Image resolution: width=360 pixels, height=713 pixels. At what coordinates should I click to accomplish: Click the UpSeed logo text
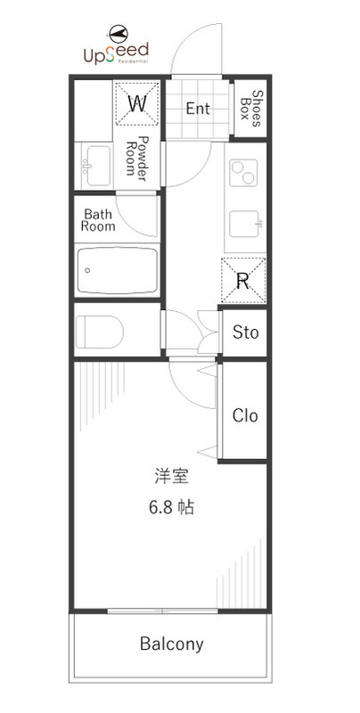117,53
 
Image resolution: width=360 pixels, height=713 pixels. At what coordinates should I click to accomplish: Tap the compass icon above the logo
119,33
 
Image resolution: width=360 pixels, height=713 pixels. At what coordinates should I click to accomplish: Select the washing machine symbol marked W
137,103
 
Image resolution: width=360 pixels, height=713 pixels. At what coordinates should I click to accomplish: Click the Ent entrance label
198,109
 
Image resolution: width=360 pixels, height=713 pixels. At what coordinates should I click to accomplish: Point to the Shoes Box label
250,108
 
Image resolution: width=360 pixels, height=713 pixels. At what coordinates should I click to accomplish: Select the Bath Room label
98,220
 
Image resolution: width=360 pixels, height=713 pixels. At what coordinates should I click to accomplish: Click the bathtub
118,271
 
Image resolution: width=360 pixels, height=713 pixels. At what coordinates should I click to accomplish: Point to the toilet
99,332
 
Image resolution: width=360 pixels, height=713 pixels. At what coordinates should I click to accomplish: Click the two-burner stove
243,173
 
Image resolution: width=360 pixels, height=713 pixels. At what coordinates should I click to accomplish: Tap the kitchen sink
246,224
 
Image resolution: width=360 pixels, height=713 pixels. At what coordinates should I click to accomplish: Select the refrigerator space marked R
243,280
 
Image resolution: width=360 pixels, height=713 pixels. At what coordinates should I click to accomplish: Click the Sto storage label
245,332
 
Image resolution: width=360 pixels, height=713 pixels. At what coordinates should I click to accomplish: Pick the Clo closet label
245,415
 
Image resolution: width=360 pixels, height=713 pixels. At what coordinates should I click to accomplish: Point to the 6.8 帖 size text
172,507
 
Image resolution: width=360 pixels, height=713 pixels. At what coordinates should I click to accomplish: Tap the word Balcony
172,643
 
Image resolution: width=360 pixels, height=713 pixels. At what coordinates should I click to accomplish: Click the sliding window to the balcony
163,611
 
